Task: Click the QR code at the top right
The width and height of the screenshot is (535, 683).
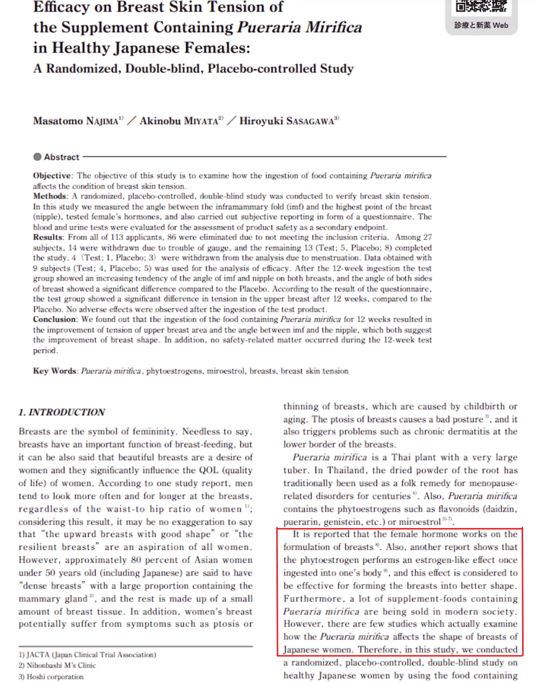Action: click(481, 6)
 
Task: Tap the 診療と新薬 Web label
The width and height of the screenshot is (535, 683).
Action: click(481, 25)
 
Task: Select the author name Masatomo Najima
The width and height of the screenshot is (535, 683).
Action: click(76, 121)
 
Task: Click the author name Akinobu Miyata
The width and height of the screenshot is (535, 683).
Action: click(179, 121)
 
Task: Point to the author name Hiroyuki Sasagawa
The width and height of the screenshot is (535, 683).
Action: click(287, 121)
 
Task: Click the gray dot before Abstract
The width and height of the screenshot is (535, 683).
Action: click(37, 157)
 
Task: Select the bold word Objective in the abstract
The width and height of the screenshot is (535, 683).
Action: click(52, 176)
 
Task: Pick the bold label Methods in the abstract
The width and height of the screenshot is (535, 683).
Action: click(50, 196)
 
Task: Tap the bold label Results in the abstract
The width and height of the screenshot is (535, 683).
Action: click(48, 238)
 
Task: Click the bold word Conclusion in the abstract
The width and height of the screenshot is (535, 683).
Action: click(54, 320)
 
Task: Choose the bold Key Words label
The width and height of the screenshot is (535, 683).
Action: click(54, 371)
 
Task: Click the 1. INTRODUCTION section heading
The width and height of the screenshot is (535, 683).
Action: click(62, 412)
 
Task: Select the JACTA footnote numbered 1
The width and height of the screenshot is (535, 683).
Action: click(87, 655)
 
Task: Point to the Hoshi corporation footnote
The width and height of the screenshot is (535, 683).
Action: click(52, 677)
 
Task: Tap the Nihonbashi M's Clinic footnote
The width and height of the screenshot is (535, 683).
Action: click(57, 666)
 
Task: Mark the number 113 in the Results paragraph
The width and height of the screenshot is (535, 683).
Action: click(117, 238)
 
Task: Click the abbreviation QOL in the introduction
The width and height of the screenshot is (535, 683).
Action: click(209, 470)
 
